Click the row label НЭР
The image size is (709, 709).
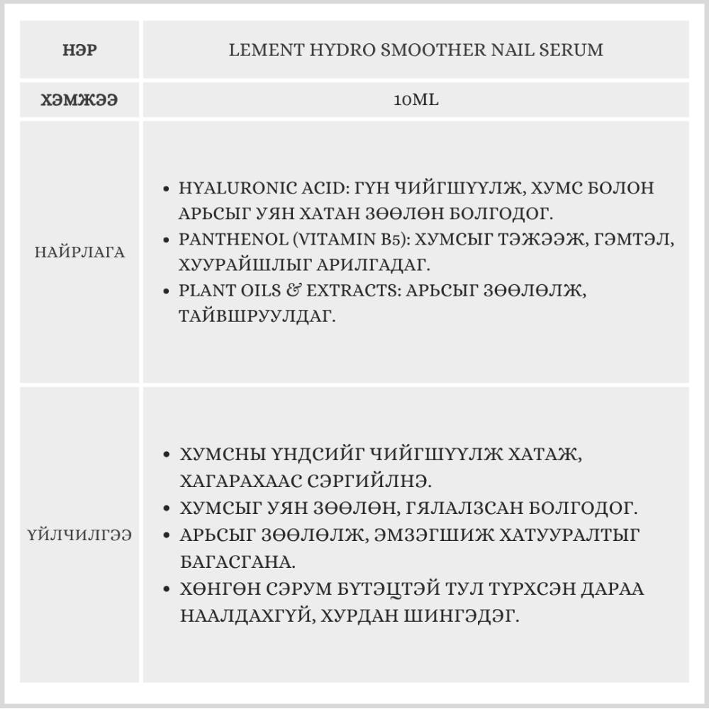pyautogui.click(x=79, y=50)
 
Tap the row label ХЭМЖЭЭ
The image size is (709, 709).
pyautogui.click(x=79, y=100)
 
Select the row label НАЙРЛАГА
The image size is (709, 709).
pyautogui.click(x=79, y=252)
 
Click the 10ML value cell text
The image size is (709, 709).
pyautogui.click(x=416, y=100)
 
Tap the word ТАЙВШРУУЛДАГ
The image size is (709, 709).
pyautogui.click(x=257, y=316)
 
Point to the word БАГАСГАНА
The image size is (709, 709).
pyautogui.click(x=238, y=562)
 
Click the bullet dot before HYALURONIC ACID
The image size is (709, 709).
pyautogui.click(x=166, y=190)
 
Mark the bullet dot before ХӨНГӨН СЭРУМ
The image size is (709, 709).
pyautogui.click(x=166, y=590)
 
